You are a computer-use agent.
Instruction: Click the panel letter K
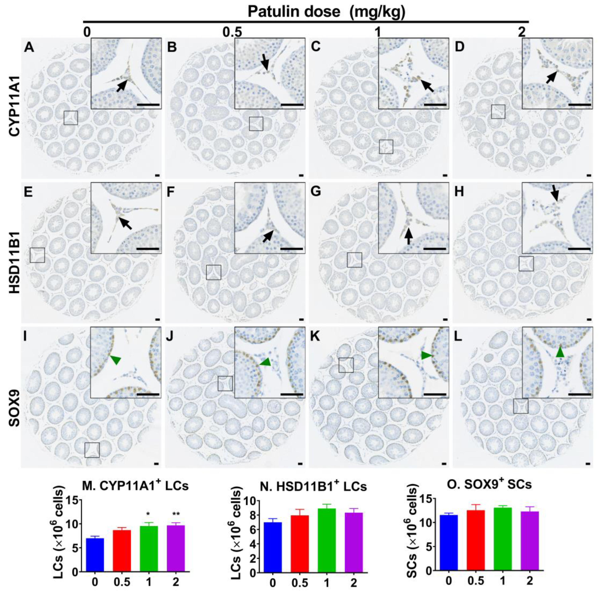tap(316, 336)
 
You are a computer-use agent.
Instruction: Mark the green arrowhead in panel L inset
tap(559, 352)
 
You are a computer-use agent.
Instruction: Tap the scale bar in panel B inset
tap(292, 105)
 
